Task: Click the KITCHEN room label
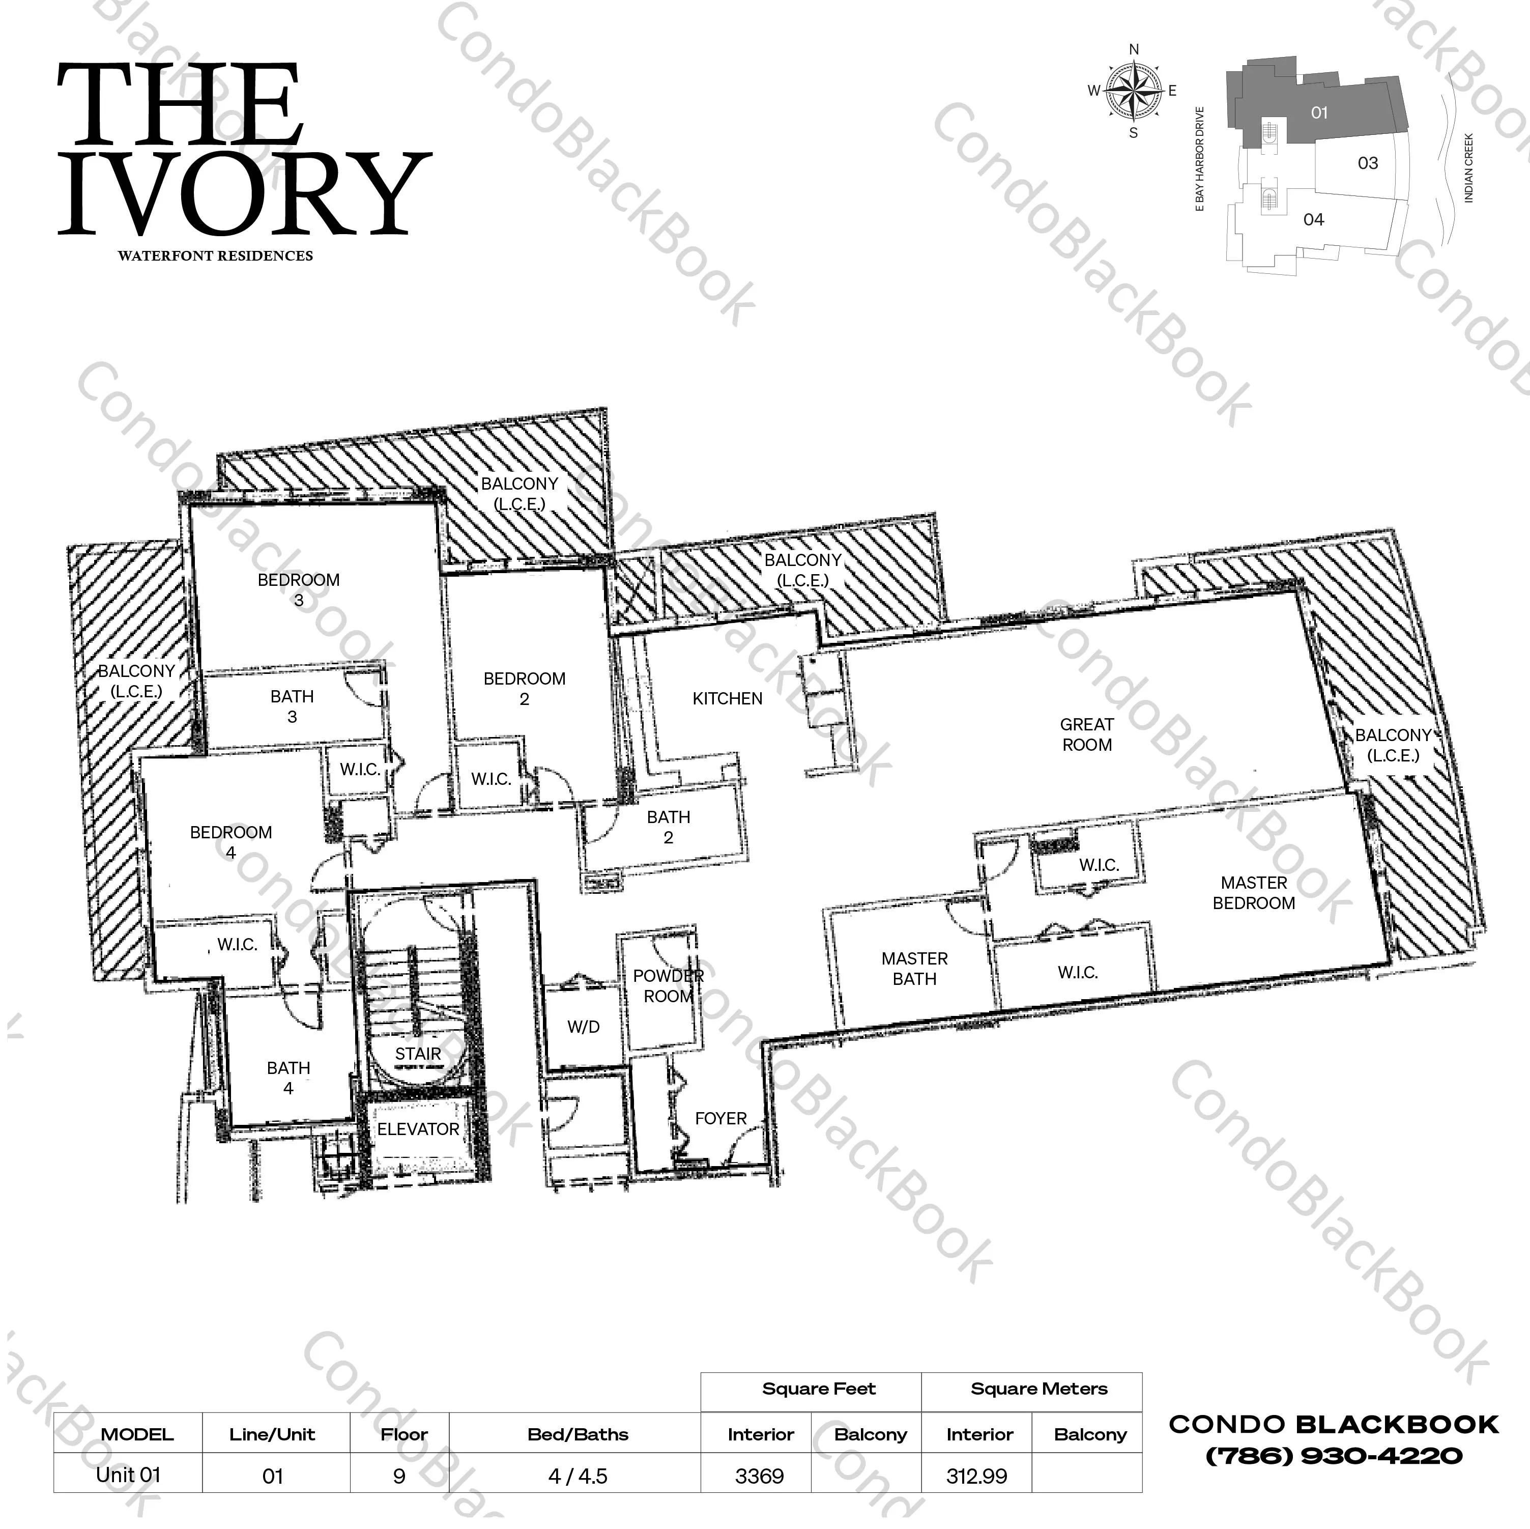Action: click(x=727, y=699)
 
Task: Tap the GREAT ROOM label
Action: click(x=1086, y=734)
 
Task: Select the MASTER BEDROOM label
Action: click(x=1254, y=893)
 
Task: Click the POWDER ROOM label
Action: click(x=668, y=986)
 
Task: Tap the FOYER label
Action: click(x=720, y=1119)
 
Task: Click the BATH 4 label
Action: click(x=288, y=1078)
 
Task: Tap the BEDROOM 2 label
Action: click(x=524, y=689)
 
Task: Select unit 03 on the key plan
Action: click(x=1368, y=163)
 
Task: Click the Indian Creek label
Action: click(x=1468, y=168)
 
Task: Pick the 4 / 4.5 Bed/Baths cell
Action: click(x=578, y=1476)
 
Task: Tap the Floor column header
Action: click(x=404, y=1434)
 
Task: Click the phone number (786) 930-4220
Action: click(x=1334, y=1455)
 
